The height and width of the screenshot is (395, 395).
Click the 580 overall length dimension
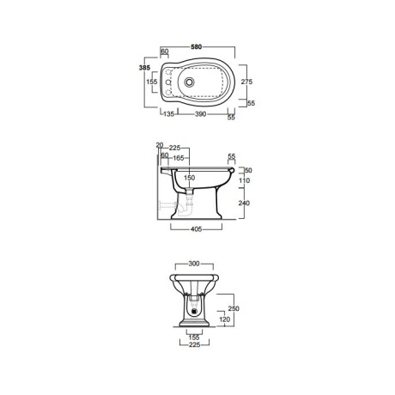(197, 46)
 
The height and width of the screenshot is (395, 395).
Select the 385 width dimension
(144, 68)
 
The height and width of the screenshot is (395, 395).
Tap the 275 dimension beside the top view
(246, 82)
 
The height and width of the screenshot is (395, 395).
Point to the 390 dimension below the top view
(200, 114)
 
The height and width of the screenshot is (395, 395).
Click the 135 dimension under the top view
(168, 114)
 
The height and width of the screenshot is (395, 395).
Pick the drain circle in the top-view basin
(189, 82)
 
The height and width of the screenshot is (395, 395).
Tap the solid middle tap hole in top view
(168, 82)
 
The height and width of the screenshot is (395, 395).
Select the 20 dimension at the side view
(160, 145)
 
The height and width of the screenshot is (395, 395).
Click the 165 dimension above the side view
(179, 158)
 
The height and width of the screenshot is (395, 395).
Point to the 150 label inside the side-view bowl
(189, 178)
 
